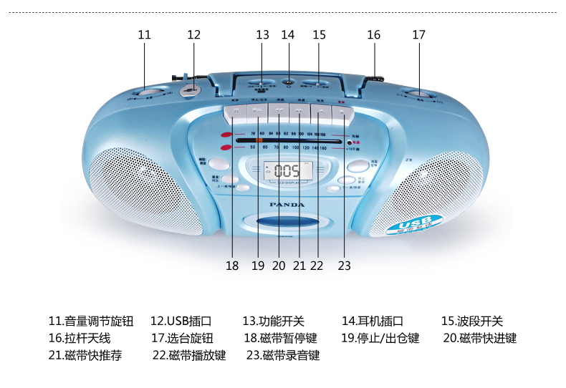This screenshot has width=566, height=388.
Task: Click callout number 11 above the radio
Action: (x=145, y=34)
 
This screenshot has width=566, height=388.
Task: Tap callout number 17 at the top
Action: (x=418, y=34)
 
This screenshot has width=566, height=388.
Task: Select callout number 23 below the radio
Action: (x=345, y=266)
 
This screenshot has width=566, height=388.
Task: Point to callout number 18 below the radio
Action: (x=231, y=266)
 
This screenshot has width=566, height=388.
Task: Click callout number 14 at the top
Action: (x=288, y=34)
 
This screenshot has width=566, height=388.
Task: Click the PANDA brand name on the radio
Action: (x=286, y=204)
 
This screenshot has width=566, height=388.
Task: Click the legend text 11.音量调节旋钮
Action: (x=91, y=321)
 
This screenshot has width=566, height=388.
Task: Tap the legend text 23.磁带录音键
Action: (x=283, y=355)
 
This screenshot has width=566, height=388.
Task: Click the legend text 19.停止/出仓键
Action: (x=380, y=338)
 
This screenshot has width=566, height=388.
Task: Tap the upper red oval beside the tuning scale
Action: (x=226, y=135)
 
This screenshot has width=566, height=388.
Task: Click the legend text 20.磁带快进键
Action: (x=479, y=338)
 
